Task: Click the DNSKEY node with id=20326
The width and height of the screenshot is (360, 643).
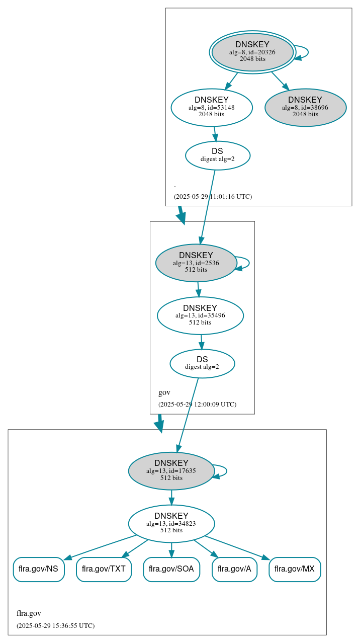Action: (x=252, y=52)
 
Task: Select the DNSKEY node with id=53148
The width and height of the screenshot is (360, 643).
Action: (x=211, y=107)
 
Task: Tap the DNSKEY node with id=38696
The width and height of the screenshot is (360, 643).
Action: (x=305, y=107)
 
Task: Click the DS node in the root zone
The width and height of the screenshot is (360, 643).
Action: (x=217, y=155)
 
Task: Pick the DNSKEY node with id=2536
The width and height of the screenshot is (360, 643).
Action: (x=196, y=263)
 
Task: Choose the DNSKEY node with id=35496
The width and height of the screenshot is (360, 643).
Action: (x=200, y=315)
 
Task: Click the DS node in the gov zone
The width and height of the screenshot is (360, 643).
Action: (x=202, y=363)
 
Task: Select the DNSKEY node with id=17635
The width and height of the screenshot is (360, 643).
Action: (x=171, y=471)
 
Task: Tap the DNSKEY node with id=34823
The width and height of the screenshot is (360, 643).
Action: (x=171, y=523)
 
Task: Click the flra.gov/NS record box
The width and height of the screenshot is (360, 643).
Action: (x=39, y=569)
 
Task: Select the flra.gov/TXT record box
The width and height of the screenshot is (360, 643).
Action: (x=104, y=569)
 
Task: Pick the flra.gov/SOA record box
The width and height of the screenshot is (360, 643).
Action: (x=171, y=569)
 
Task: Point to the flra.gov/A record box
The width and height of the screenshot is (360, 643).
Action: (x=234, y=569)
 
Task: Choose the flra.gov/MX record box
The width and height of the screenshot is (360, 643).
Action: (x=295, y=569)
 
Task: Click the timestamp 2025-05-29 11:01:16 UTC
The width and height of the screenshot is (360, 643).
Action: (x=213, y=197)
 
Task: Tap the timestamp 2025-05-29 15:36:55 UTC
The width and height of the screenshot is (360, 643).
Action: (x=55, y=626)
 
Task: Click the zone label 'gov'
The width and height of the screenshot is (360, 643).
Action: (x=164, y=392)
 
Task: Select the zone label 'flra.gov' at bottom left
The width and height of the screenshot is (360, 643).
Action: (x=29, y=613)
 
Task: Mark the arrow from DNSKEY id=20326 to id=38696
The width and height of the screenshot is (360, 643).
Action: (x=280, y=81)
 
